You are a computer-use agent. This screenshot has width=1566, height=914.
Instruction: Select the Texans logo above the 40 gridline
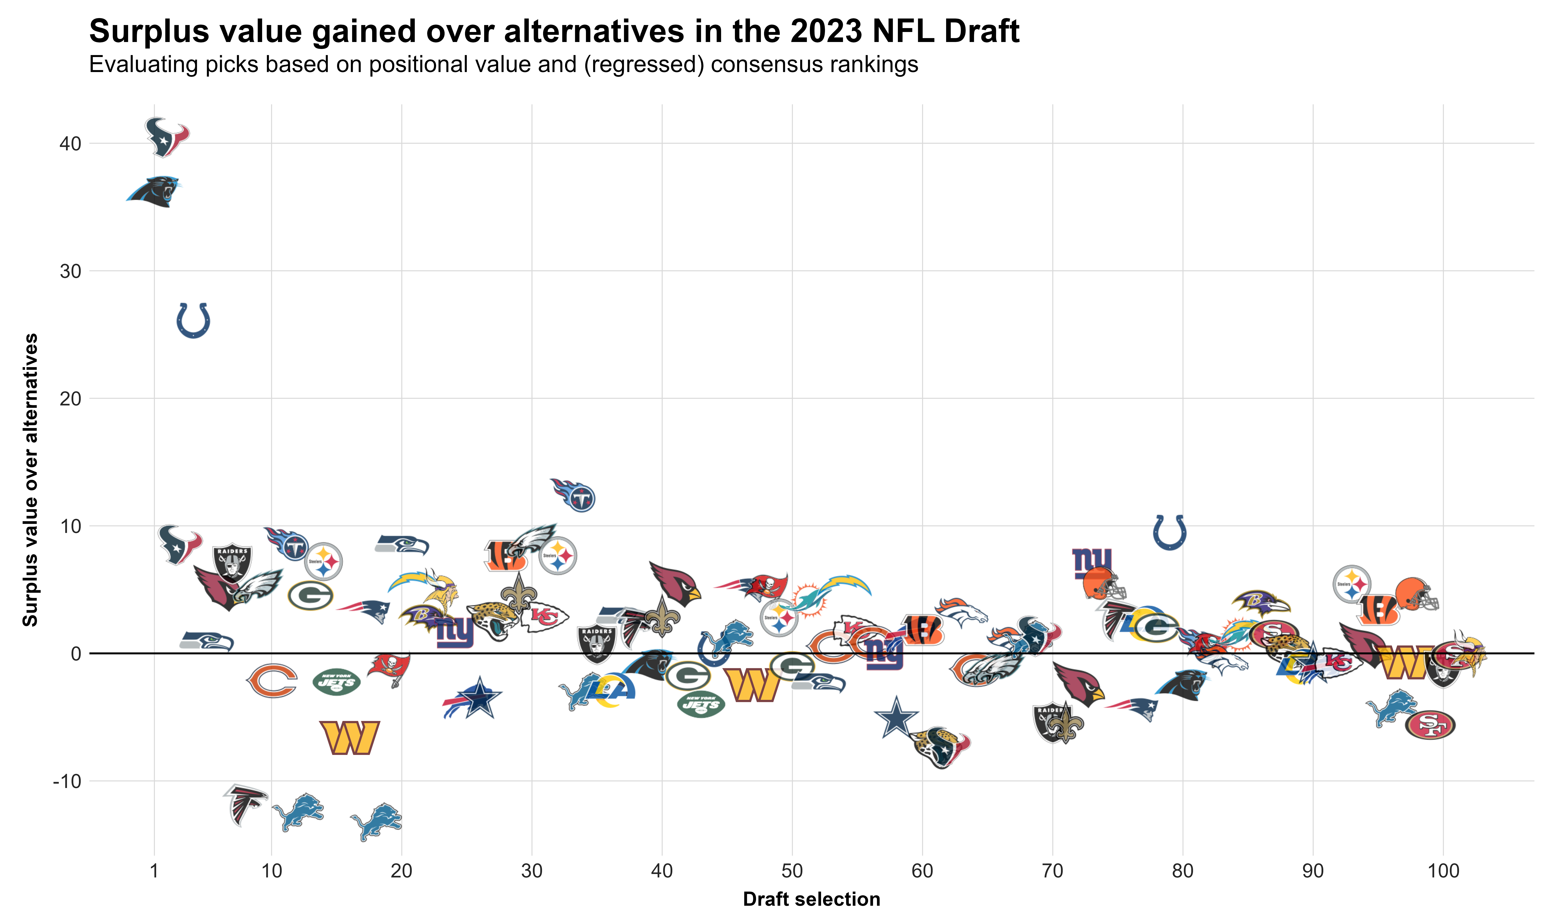(x=167, y=137)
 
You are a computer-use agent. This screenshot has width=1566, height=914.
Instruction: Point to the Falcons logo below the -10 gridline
(x=244, y=804)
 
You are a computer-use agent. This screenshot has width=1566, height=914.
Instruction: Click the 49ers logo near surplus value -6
(x=1430, y=725)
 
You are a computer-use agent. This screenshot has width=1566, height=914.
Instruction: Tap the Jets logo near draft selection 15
(x=336, y=682)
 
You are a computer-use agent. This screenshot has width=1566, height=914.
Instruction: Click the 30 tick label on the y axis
(x=70, y=271)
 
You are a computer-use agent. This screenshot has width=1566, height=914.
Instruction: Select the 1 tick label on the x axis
(x=154, y=870)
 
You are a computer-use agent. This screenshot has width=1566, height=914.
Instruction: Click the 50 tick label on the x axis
(x=792, y=870)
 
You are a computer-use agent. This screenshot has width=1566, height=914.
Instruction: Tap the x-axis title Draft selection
(x=811, y=899)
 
